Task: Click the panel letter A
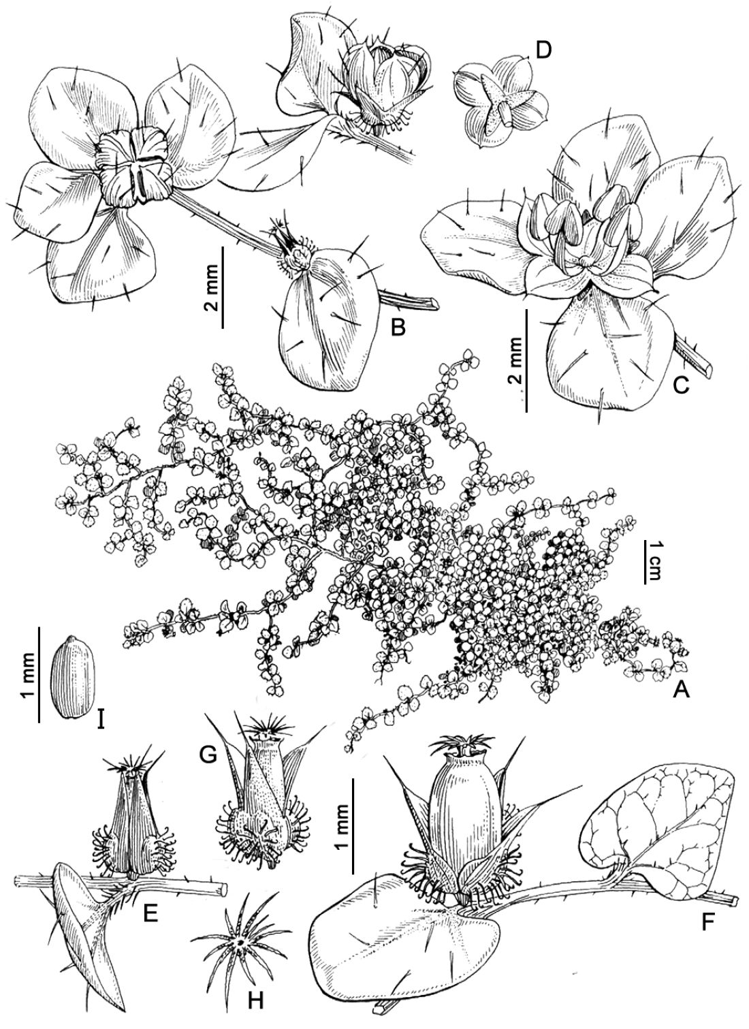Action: coord(681,689)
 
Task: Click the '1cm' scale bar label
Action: coord(652,567)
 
